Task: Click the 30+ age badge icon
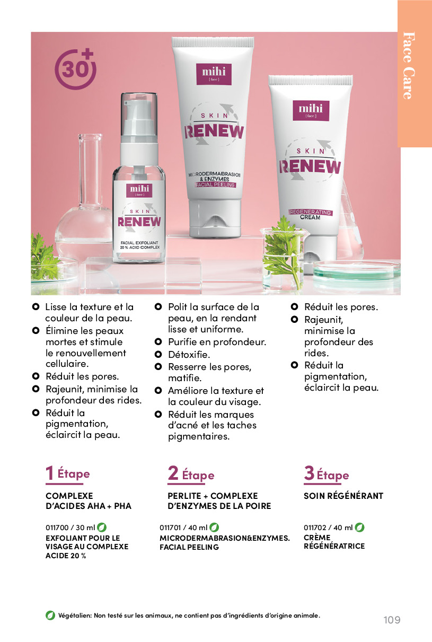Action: (75, 69)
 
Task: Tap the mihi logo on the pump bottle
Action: (139, 190)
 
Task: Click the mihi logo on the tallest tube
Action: (214, 74)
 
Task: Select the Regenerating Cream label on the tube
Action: (310, 215)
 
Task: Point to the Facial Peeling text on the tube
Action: (215, 185)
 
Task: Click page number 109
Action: (392, 620)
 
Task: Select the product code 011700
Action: (57, 527)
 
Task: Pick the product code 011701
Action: (170, 527)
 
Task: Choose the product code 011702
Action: (315, 527)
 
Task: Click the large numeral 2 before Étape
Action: (173, 473)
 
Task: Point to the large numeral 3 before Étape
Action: (309, 473)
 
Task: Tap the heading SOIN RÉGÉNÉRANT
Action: (343, 496)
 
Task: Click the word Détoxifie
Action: (189, 355)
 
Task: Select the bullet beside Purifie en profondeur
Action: (158, 341)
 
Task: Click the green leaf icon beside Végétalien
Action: (50, 615)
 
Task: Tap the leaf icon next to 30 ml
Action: (102, 527)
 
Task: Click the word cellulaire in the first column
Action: (67, 364)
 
